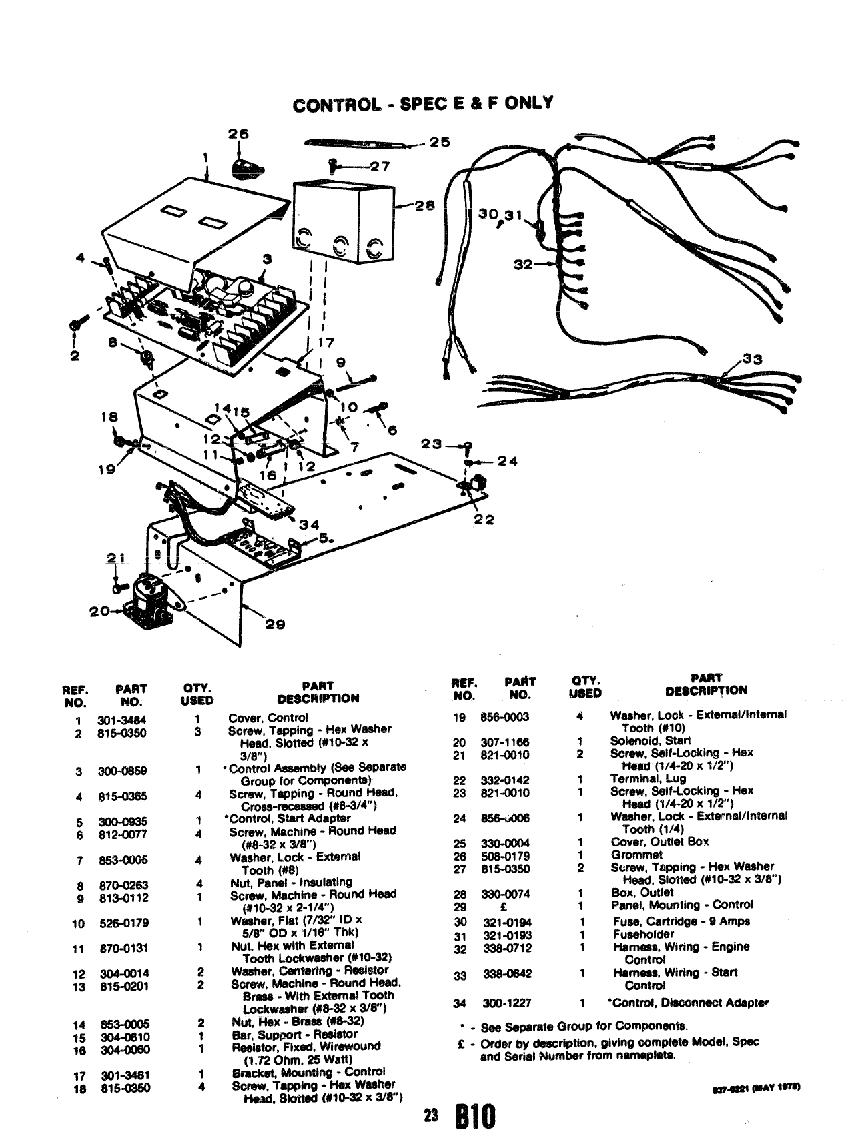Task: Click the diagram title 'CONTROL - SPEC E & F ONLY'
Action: pos(423,104)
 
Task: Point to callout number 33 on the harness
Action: pos(752,360)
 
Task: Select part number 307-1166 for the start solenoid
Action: pos(504,742)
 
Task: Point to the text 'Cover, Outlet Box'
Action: pos(660,842)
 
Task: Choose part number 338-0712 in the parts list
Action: pos(507,947)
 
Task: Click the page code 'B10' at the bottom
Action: pos(475,1116)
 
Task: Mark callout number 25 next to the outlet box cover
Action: pos(440,141)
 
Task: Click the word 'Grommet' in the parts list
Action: pos(636,855)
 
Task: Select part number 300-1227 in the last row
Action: pos(506,1003)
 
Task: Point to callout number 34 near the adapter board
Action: pos(308,524)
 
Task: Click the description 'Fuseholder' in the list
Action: pos(643,934)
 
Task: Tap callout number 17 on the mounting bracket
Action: pos(326,344)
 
